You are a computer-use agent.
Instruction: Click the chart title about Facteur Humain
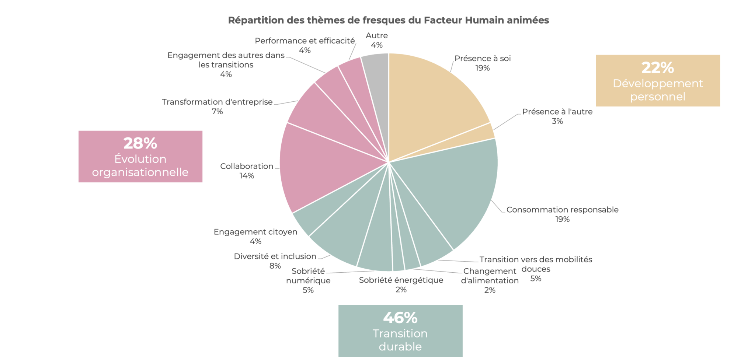(388, 20)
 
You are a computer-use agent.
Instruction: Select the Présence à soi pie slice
(431, 99)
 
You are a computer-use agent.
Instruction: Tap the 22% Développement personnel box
(658, 81)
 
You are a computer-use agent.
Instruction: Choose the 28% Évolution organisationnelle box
(140, 157)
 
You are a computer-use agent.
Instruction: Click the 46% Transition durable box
(400, 331)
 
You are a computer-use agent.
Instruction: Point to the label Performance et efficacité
(305, 41)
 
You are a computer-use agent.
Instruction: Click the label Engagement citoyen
(255, 232)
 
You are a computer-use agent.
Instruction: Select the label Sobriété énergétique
(401, 280)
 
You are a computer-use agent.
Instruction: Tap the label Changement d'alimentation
(490, 276)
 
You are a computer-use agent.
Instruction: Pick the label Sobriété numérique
(308, 276)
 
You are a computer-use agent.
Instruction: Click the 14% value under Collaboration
(247, 176)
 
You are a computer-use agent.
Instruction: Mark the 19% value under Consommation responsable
(563, 219)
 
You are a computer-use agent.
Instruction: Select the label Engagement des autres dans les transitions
(226, 60)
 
